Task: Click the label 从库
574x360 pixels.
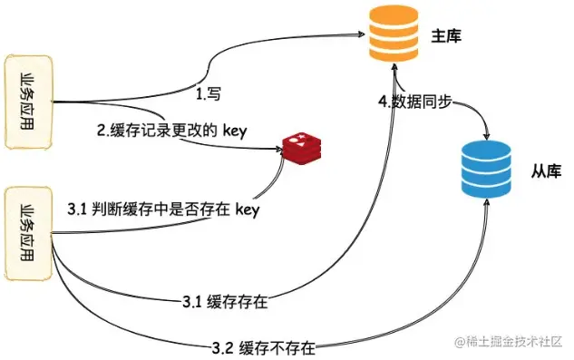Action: pos(544,170)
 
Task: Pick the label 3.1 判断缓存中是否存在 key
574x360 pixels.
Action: pos(163,209)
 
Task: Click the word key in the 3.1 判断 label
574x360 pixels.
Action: pos(247,209)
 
